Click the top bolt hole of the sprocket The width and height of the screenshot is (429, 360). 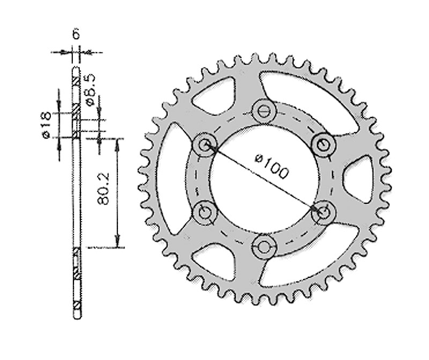(x=263, y=111)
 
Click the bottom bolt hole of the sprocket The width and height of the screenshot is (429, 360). (x=263, y=246)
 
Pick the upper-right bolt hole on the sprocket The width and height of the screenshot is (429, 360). (x=322, y=144)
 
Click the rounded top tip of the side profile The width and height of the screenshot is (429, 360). (x=76, y=71)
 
